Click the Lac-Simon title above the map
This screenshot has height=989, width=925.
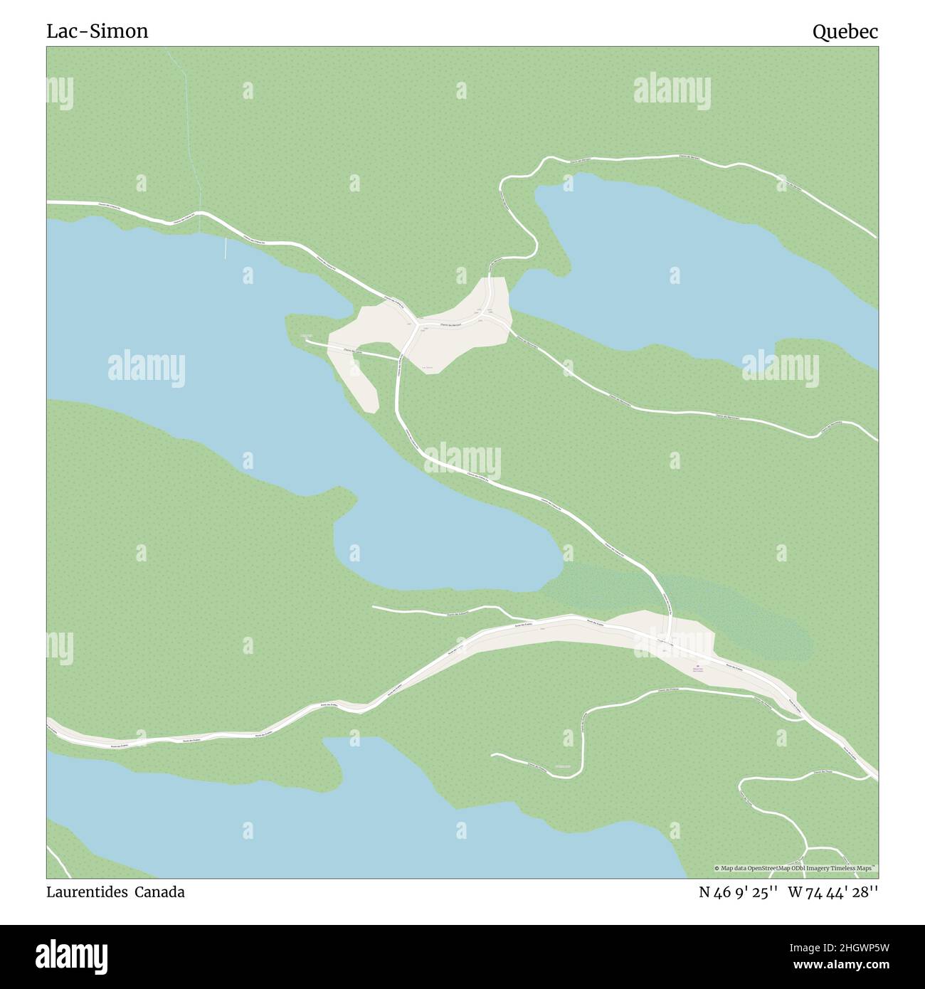[x=97, y=31]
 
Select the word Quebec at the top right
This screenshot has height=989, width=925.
[x=845, y=31]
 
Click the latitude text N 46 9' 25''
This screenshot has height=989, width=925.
[x=739, y=892]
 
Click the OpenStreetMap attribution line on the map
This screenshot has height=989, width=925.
[x=795, y=868]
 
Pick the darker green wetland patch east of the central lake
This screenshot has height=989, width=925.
[x=683, y=605]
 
